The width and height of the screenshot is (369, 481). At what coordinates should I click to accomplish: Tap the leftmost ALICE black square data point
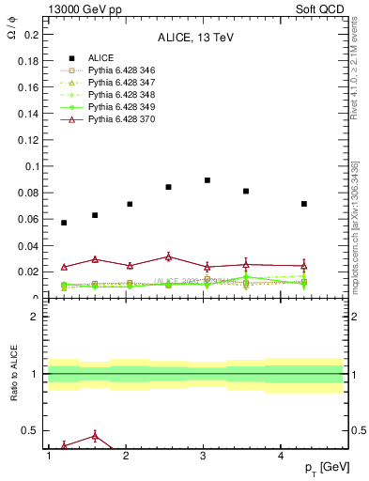(x=64, y=223)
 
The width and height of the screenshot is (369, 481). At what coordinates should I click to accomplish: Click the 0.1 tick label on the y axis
(x=28, y=166)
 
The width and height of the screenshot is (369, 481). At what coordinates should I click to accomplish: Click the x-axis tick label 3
(x=204, y=456)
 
